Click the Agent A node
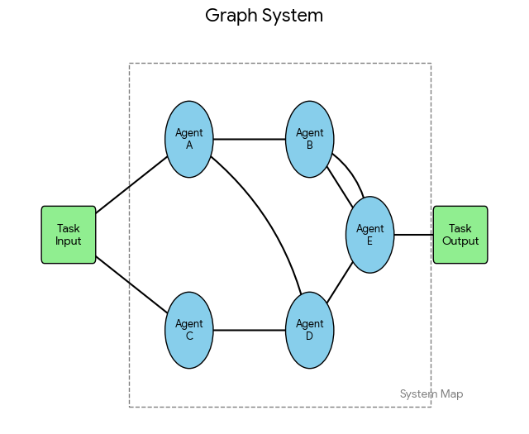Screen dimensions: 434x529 click(189, 139)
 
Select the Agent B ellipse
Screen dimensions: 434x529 click(310, 139)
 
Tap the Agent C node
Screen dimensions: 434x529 click(189, 330)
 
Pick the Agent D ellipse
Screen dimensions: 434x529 click(310, 330)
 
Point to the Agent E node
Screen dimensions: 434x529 click(369, 235)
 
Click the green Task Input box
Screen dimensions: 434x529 click(69, 235)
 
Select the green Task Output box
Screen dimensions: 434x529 click(460, 235)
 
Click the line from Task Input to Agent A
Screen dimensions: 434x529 click(132, 184)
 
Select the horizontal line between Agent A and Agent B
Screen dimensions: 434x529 click(250, 139)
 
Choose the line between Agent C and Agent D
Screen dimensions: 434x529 click(250, 330)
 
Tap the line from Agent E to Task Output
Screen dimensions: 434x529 click(413, 235)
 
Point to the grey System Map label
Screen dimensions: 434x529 click(431, 394)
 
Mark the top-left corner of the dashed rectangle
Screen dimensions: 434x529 click(130, 64)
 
